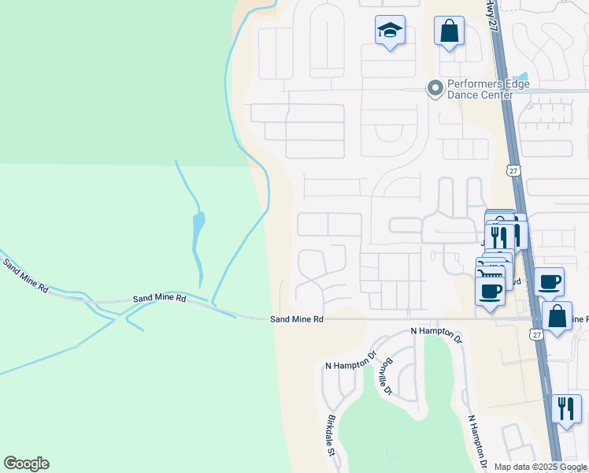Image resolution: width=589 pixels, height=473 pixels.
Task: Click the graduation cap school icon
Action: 390,32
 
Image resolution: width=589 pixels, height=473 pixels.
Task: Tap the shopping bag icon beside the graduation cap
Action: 449,32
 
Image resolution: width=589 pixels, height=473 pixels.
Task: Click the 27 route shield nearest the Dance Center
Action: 513,170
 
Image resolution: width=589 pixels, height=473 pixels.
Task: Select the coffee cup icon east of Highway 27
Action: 549,281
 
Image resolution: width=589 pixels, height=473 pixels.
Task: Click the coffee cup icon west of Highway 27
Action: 490,291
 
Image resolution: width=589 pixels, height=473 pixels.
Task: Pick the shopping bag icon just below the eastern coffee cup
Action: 557,316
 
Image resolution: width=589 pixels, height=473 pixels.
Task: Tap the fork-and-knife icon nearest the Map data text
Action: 566,408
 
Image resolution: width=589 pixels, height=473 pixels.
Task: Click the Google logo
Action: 26,463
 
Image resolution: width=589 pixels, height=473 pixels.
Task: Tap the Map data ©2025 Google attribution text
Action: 539,467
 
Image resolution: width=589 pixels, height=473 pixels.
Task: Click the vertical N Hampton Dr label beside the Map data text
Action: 479,442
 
